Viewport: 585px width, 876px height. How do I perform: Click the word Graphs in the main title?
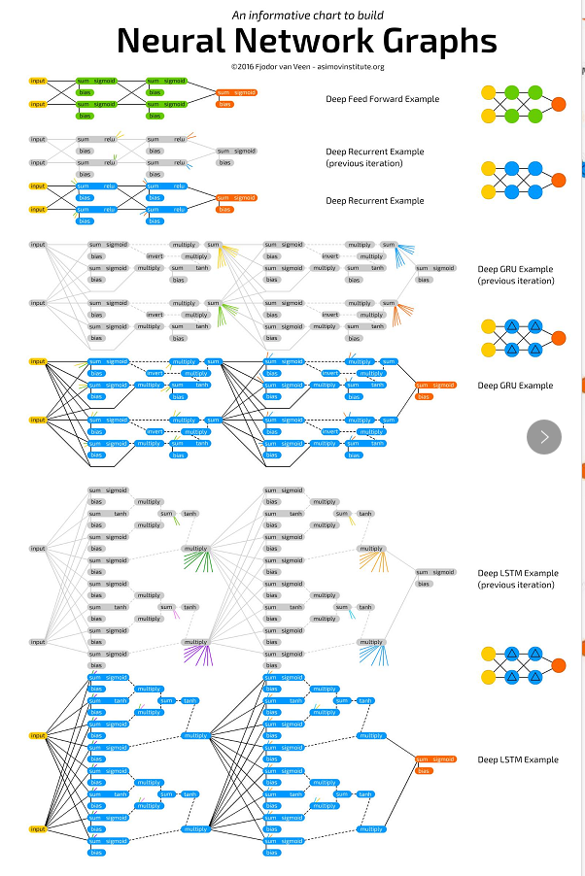pyautogui.click(x=425, y=41)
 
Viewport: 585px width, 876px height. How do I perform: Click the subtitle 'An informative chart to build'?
pyautogui.click(x=307, y=15)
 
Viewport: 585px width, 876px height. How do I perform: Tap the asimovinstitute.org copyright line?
pyautogui.click(x=308, y=66)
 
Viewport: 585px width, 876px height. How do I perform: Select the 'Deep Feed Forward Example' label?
pyautogui.click(x=382, y=99)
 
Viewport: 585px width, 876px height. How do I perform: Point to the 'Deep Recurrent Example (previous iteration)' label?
pyautogui.click(x=375, y=157)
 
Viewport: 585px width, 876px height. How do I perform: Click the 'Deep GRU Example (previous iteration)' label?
pyautogui.click(x=515, y=275)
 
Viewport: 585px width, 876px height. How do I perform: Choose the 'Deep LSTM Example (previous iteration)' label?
pyautogui.click(x=517, y=579)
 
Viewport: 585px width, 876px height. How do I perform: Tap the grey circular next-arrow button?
pyautogui.click(x=544, y=436)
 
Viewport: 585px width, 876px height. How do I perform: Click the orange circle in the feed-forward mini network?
pyautogui.click(x=558, y=105)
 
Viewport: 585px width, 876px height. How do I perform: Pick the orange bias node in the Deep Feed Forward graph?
pyautogui.click(x=225, y=104)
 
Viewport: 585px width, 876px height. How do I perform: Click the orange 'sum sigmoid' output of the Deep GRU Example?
pyautogui.click(x=434, y=386)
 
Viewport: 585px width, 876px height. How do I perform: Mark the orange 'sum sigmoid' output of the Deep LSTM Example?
pyautogui.click(x=434, y=759)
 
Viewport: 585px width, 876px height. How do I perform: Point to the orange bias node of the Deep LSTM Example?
pyautogui.click(x=424, y=771)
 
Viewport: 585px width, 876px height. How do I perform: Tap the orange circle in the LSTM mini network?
pyautogui.click(x=558, y=666)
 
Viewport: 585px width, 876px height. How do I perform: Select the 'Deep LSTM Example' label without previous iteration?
pyautogui.click(x=517, y=759)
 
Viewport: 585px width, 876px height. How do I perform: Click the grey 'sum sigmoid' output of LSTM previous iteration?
pyautogui.click(x=434, y=572)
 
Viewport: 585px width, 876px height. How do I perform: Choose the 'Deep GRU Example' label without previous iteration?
pyautogui.click(x=515, y=386)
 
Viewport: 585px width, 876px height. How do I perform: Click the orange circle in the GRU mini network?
pyautogui.click(x=558, y=337)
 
